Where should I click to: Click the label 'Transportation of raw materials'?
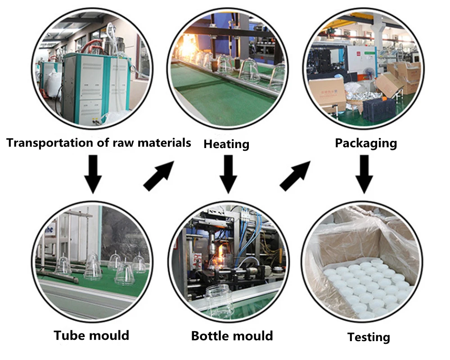[x=99, y=143]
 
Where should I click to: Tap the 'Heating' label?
[x=226, y=144]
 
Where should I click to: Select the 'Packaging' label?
[x=366, y=143]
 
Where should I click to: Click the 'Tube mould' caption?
[x=91, y=335]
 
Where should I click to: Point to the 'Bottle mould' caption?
[x=232, y=336]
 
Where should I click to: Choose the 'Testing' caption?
[x=369, y=337]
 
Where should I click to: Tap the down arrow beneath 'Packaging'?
[x=365, y=173]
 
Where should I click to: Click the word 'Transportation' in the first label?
[x=45, y=143]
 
